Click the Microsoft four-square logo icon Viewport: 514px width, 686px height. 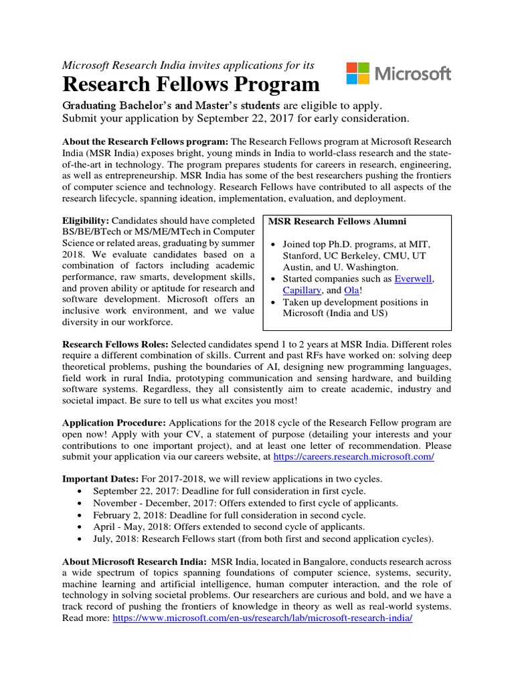pyautogui.click(x=358, y=73)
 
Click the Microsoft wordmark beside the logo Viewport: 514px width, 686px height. pyautogui.click(x=412, y=74)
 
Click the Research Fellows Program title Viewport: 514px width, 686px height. pyautogui.click(x=191, y=85)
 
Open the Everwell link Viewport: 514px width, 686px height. pyautogui.click(x=414, y=279)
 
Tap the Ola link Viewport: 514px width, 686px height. pyautogui.click(x=351, y=291)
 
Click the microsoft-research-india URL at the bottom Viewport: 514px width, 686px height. pyautogui.click(x=263, y=618)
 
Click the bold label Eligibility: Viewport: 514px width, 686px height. pyautogui.click(x=86, y=220)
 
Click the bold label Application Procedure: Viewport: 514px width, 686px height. pyautogui.click(x=114, y=423)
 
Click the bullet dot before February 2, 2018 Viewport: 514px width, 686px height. pyautogui.click(x=80, y=515)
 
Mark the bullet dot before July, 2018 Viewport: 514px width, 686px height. pyautogui.click(x=80, y=539)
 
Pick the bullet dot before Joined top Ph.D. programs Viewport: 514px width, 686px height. pyautogui.click(x=273, y=244)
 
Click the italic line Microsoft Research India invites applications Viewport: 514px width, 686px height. pyautogui.click(x=188, y=65)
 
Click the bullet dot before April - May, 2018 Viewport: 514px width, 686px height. pyautogui.click(x=80, y=527)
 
